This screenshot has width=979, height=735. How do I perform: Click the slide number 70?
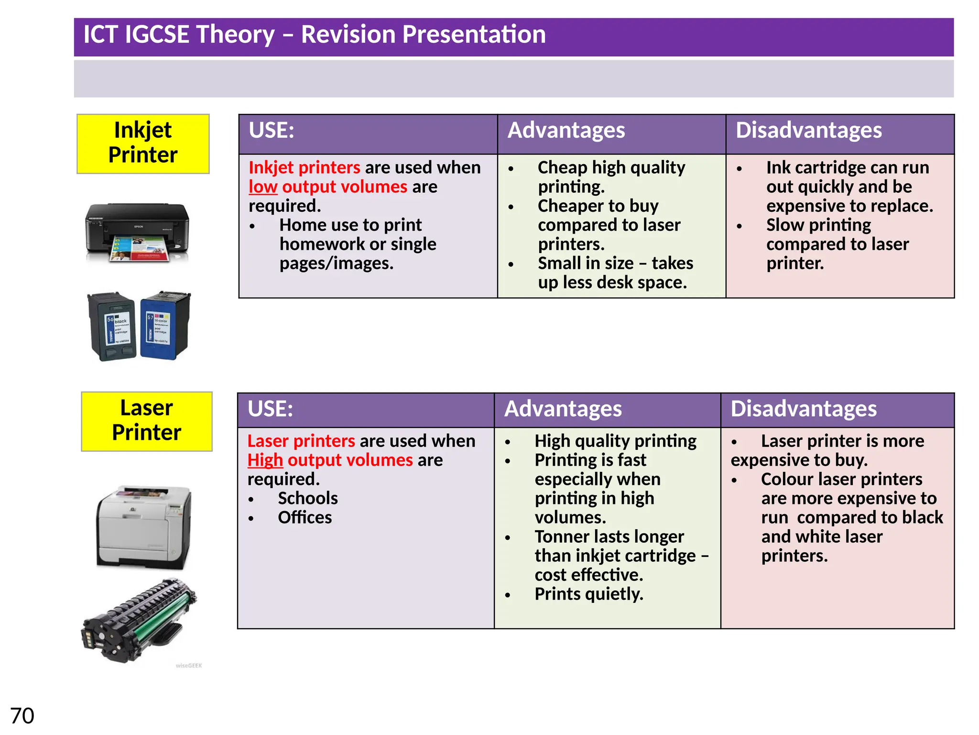(22, 716)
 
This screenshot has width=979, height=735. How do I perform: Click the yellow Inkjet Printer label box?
(143, 144)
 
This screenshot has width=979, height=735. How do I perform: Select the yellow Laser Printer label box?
(146, 421)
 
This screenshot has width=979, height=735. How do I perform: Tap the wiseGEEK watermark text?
(189, 666)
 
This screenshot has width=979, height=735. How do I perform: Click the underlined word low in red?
(263, 187)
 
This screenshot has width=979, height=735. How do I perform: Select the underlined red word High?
(265, 460)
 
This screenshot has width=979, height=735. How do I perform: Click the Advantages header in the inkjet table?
(566, 130)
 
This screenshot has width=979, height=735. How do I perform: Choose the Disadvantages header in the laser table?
(804, 409)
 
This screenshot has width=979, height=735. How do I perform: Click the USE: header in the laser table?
(270, 409)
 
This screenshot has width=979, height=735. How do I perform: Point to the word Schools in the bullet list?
(308, 498)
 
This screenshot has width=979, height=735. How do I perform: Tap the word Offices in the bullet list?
(305, 517)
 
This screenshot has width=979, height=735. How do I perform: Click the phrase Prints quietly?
(589, 594)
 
